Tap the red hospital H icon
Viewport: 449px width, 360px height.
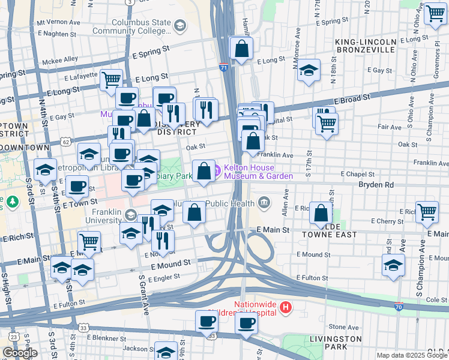(286, 308)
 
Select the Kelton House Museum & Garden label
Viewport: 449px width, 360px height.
(258, 172)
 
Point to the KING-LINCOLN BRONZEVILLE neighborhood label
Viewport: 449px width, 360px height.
(366, 46)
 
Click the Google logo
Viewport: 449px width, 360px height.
(20, 353)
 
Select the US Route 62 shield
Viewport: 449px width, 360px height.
(66, 142)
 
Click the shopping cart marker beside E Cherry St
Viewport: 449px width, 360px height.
(426, 211)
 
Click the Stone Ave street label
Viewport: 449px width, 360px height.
(344, 327)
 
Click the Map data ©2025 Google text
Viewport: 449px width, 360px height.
(411, 355)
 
